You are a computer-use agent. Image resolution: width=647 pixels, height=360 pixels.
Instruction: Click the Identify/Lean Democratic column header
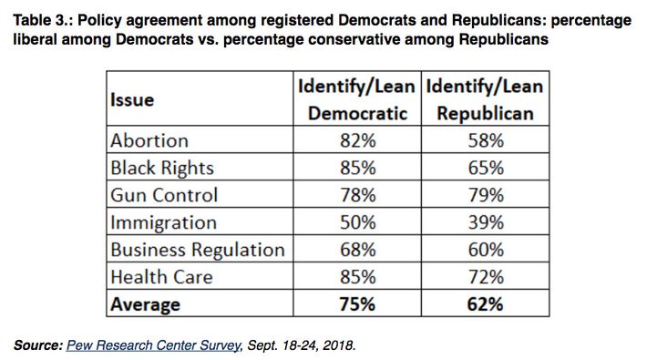point(356,100)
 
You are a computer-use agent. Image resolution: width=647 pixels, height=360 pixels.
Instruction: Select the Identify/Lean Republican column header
point(484,100)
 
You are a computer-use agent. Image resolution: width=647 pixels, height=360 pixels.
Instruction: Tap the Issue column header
point(133,99)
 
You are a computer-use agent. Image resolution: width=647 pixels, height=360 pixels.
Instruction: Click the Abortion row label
point(149,140)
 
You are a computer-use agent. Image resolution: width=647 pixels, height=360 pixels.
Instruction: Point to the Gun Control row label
point(164,195)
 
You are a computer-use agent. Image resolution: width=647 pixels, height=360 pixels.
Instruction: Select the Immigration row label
point(164,222)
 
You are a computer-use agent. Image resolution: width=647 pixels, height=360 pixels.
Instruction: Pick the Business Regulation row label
point(197,250)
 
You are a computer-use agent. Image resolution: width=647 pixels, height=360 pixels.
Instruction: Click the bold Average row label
point(146,304)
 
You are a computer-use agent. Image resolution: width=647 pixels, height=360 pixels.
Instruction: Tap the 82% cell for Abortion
point(356,140)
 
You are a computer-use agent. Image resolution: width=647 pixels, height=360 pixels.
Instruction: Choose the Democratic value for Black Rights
point(356,168)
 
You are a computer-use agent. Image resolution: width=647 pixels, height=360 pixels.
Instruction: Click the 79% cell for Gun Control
point(484,195)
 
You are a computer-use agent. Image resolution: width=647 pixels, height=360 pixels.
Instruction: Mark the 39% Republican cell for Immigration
point(484,222)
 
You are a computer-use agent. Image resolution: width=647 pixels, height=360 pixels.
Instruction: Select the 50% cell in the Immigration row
point(356,222)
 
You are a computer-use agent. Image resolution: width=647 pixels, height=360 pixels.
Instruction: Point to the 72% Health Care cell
point(484,277)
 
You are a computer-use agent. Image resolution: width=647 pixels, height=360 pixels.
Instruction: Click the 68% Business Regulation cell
point(356,250)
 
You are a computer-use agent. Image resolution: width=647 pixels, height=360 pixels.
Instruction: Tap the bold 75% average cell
point(356,304)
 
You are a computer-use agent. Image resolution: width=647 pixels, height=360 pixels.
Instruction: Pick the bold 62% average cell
point(484,304)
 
